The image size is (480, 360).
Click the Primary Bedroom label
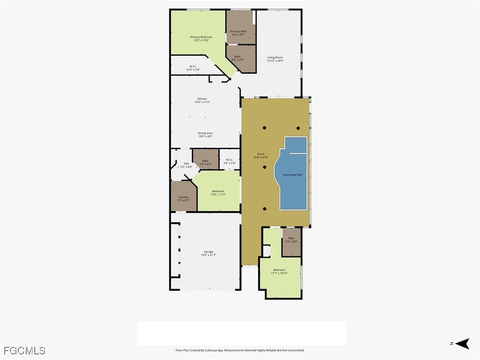[201, 37]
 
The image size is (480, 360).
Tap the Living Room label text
[275, 57]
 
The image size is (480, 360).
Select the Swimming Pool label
[292, 175]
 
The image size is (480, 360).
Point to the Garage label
[208, 252]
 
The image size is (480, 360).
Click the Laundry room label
[183, 197]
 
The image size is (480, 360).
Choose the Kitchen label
[202, 99]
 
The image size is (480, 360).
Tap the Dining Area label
[205, 133]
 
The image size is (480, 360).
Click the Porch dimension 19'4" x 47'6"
[261, 157]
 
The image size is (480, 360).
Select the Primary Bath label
[238, 31]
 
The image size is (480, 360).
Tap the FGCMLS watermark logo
[24, 351]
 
